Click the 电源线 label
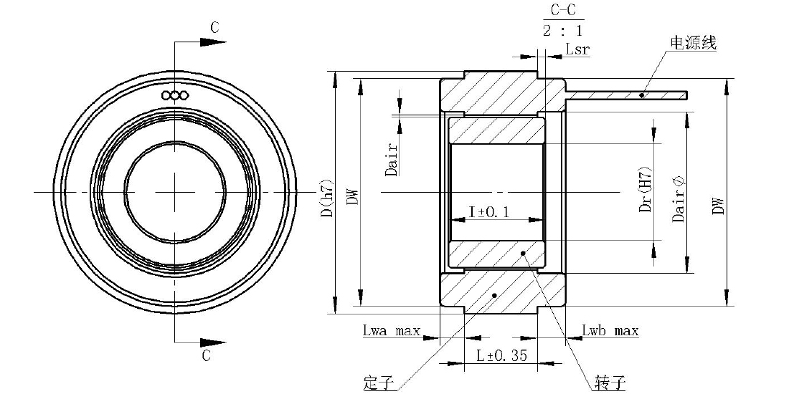tap(693, 43)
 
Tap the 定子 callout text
tap(378, 383)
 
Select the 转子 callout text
tap(610, 383)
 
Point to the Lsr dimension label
tap(577, 49)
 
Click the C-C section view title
tap(562, 11)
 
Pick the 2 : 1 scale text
tap(562, 31)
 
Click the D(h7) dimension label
tap(328, 198)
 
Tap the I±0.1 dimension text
tap(489, 211)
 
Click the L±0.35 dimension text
tap(501, 355)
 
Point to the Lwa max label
tap(392, 331)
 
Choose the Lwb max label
tap(610, 331)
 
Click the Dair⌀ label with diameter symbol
tap(679, 199)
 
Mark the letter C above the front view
tap(215, 28)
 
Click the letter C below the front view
tap(207, 355)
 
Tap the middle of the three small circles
tap(175, 95)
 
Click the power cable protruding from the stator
tap(626, 95)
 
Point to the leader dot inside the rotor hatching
tap(524, 253)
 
